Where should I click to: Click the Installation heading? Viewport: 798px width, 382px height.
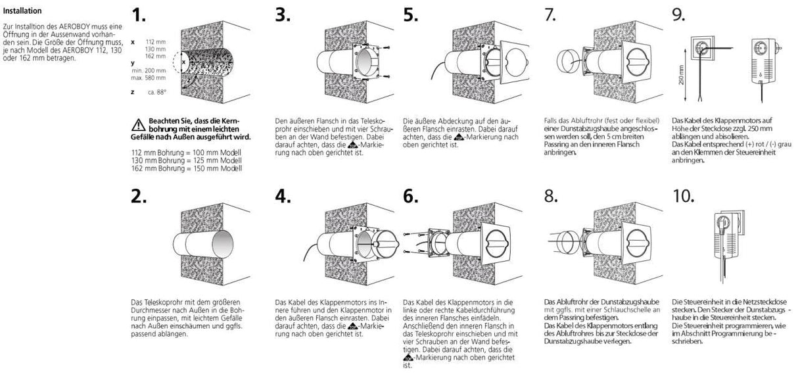[x=22, y=11]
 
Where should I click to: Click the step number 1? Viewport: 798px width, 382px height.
[x=140, y=15]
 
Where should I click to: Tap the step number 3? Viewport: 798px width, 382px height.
[x=283, y=15]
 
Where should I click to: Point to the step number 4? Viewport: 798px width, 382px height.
[x=283, y=195]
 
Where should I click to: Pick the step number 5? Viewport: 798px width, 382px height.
[x=411, y=15]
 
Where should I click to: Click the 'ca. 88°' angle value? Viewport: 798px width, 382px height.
[x=156, y=92]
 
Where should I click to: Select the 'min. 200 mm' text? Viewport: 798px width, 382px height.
[x=148, y=70]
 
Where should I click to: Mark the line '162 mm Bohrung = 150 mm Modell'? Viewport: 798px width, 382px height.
[x=187, y=168]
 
